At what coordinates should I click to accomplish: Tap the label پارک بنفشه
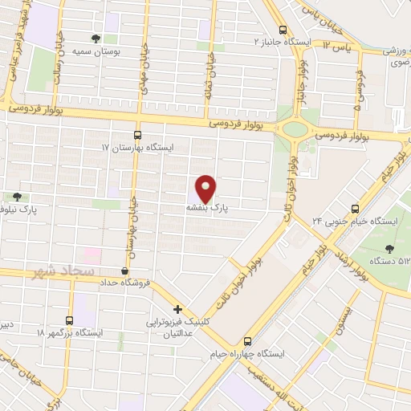tap(208, 207)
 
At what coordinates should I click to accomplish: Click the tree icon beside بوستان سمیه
tap(97, 38)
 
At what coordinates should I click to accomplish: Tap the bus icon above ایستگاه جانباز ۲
tap(283, 28)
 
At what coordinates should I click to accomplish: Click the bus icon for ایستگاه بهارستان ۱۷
tap(137, 136)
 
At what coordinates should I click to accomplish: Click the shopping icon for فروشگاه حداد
tap(124, 271)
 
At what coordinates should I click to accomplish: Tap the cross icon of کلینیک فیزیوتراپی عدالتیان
tap(178, 308)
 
